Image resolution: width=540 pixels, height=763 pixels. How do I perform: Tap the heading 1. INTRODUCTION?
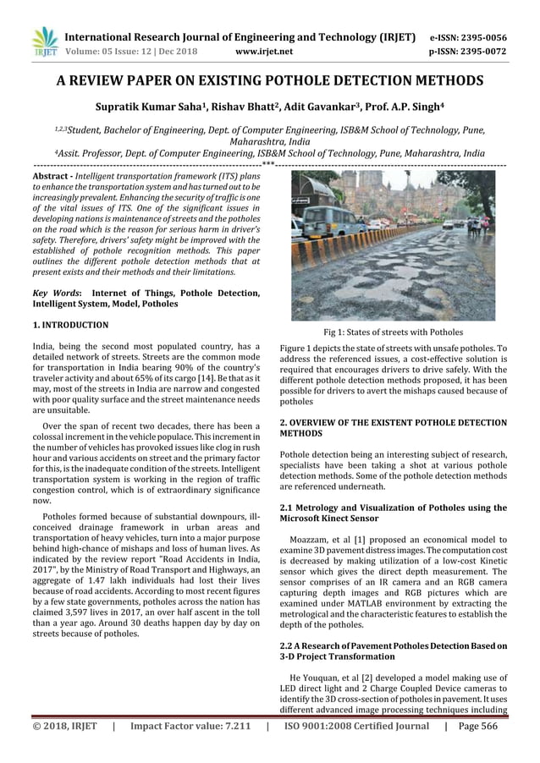[69, 325]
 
